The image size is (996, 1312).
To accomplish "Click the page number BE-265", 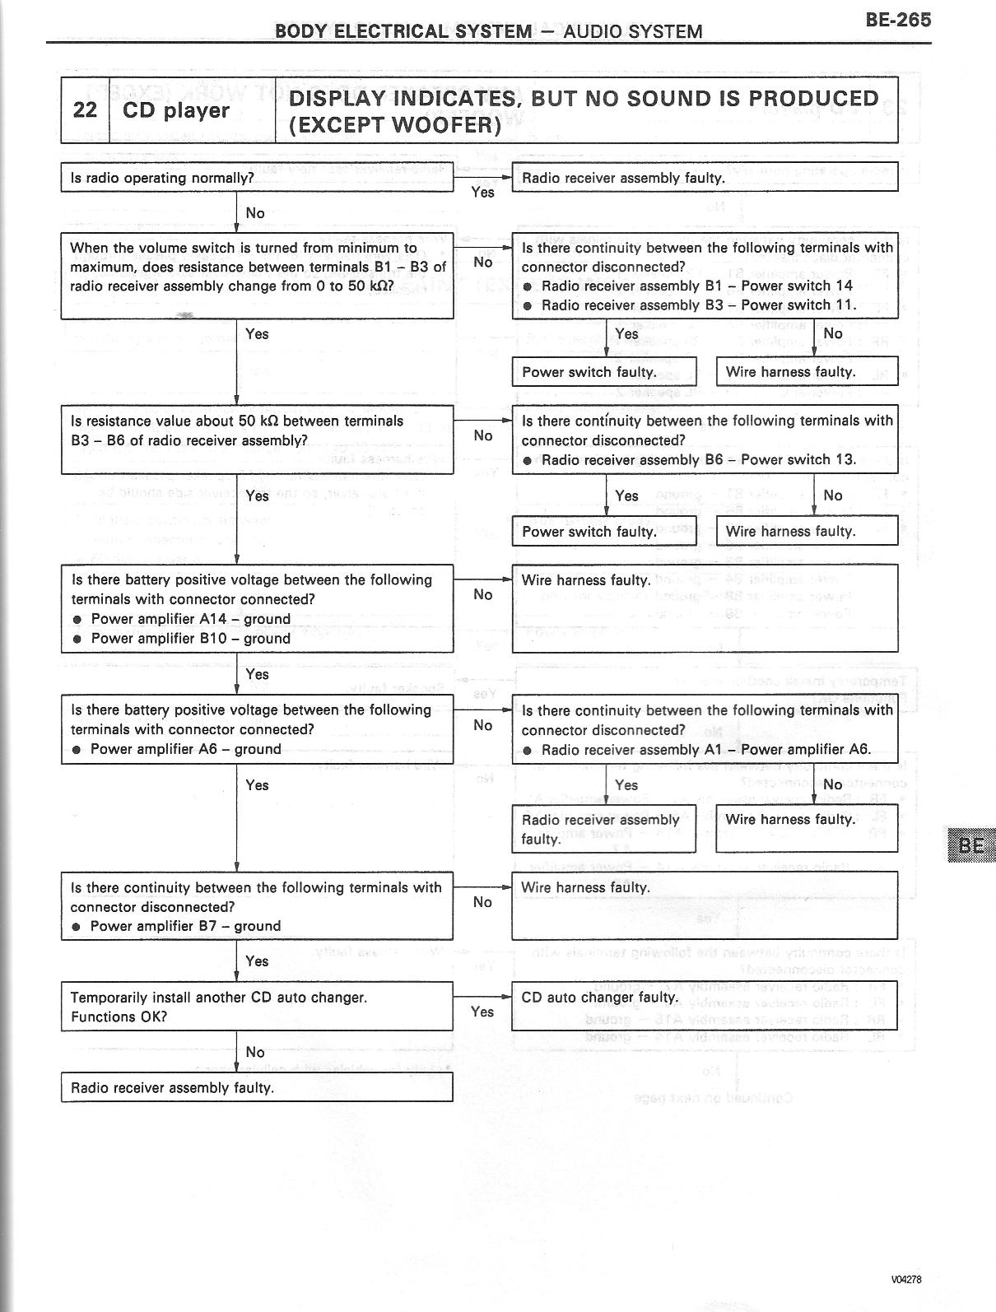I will tap(897, 19).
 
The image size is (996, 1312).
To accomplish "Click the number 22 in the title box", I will tap(85, 110).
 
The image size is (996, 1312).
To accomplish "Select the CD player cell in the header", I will tap(176, 110).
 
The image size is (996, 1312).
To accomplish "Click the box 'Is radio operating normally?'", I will tap(257, 178).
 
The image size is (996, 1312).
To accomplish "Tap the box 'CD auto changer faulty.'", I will tap(704, 1006).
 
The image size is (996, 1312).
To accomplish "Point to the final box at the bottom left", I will tap(257, 1087).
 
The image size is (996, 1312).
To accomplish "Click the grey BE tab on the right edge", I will tap(971, 845).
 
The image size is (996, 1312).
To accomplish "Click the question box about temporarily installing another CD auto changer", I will tap(257, 1006).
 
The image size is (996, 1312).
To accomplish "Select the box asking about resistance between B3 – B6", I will tap(257, 440).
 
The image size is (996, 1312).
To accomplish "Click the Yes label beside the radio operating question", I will tap(482, 192).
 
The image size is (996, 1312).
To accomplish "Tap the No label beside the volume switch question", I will tap(483, 262).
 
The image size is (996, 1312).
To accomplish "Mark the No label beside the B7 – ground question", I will tap(483, 902).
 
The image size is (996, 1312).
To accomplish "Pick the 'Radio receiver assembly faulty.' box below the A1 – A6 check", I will tap(603, 829).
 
